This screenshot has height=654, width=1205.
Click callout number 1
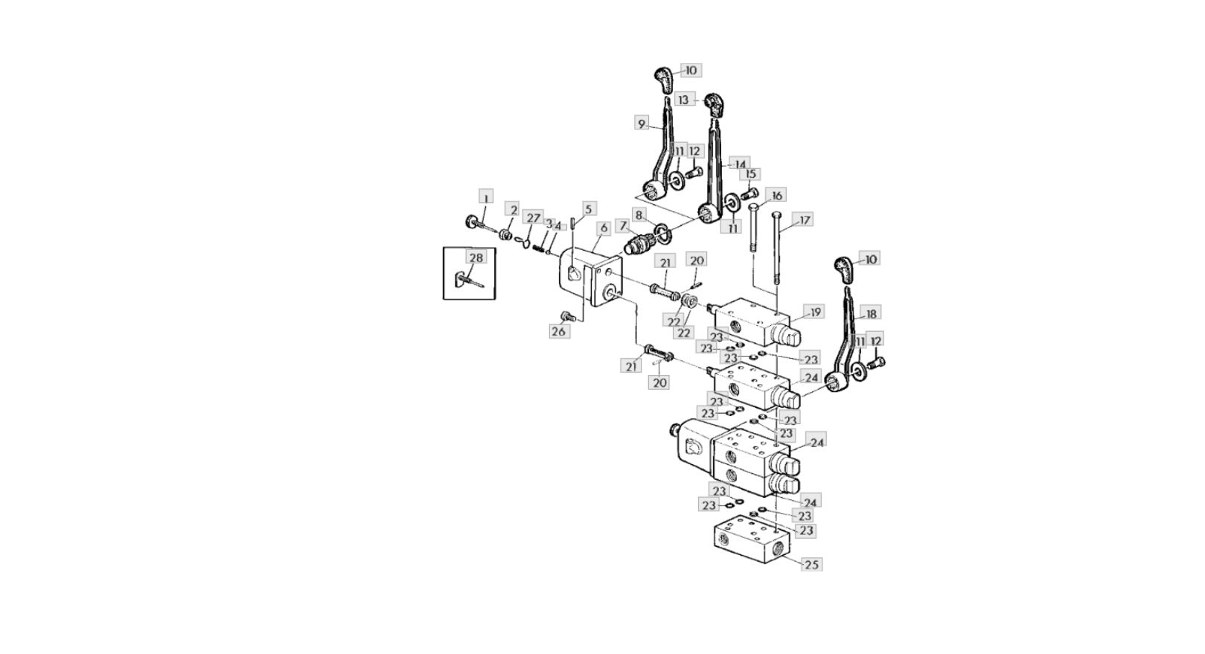[485, 197]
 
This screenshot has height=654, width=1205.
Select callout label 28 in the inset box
[476, 257]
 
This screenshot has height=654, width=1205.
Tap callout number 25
[811, 565]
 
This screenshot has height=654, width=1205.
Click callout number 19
[815, 312]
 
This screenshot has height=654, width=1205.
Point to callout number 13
[684, 99]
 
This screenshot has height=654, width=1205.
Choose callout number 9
[642, 124]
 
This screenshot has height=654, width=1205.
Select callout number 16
[776, 196]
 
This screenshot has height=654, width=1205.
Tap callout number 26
[558, 332]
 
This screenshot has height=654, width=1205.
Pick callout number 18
[869, 312]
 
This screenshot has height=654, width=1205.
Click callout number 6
[603, 228]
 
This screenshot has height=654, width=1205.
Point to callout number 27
[533, 217]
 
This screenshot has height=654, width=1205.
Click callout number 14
[740, 164]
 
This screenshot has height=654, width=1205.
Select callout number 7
[622, 225]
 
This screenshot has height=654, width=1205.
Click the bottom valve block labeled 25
[748, 548]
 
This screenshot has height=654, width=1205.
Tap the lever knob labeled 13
[714, 104]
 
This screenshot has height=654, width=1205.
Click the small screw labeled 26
[572, 316]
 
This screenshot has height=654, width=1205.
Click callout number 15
[750, 174]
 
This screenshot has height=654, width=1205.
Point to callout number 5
[589, 209]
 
